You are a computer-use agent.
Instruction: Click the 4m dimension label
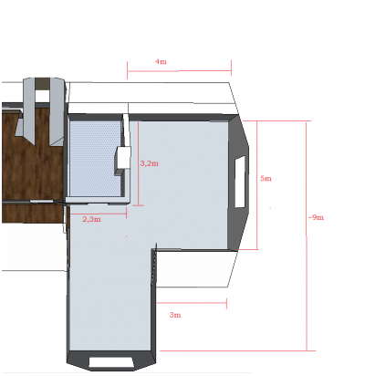point(161,62)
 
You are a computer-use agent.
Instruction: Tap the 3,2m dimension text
point(149,163)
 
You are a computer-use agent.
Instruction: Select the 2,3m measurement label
point(91,219)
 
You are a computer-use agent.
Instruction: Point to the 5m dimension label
point(266,178)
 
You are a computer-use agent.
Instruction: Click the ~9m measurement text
point(316,217)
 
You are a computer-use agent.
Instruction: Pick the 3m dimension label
point(175,315)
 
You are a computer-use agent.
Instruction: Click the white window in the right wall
point(240,182)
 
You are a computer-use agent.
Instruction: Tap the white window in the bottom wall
point(111,362)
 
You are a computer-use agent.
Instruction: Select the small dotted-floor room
point(96,158)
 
